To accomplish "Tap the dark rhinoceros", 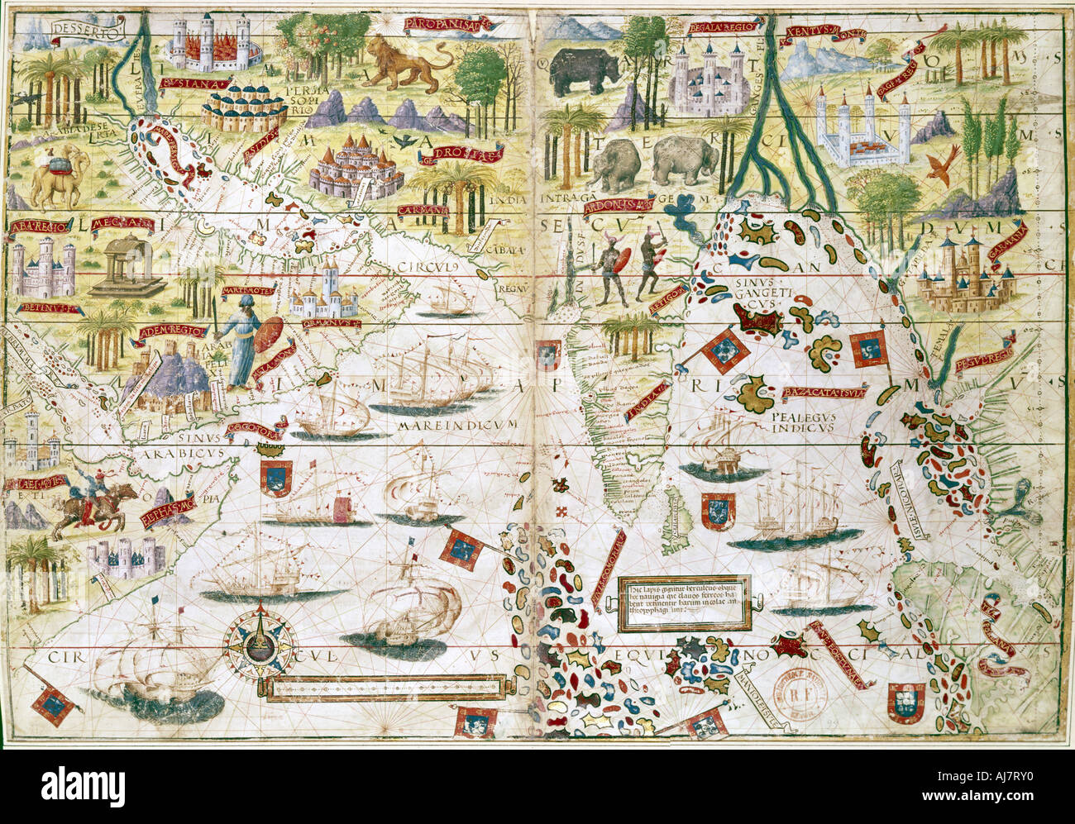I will [x=585, y=70].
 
